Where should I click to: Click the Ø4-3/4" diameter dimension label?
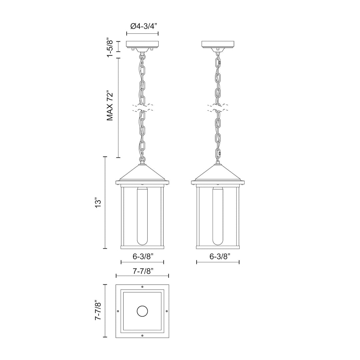[x=142, y=26]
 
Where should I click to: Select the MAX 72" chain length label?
[x=110, y=105]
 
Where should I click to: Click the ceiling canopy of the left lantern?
[x=142, y=44]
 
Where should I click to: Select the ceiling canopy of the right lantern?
[x=218, y=44]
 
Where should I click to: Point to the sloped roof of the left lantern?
[x=142, y=173]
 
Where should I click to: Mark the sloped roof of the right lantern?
[x=218, y=173]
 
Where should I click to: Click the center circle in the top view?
[x=142, y=311]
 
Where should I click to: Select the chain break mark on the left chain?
[x=143, y=108]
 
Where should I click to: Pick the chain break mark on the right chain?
[x=218, y=108]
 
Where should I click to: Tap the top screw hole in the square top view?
[x=142, y=287]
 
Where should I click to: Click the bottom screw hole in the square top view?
[x=142, y=335]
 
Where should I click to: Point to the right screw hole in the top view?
[x=167, y=311]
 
